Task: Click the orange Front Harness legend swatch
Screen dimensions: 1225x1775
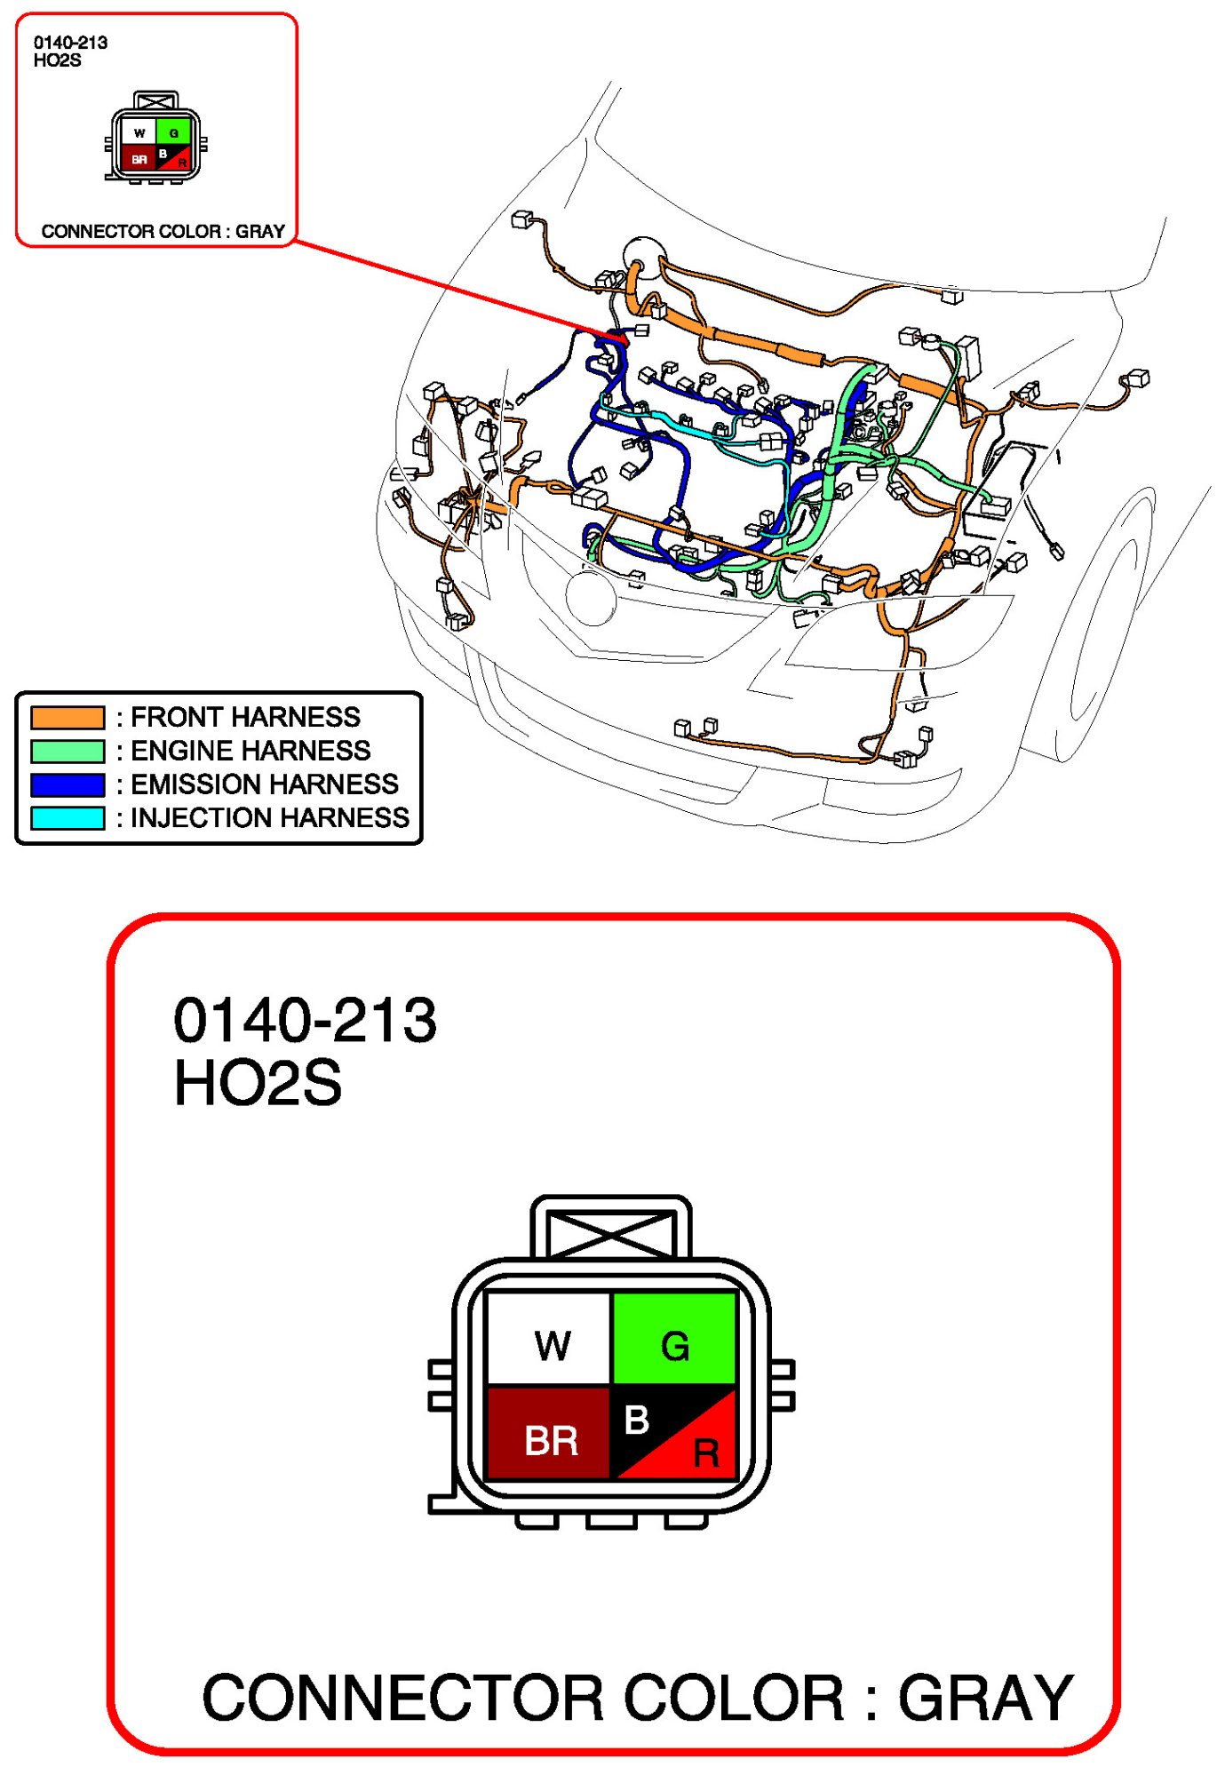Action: [68, 717]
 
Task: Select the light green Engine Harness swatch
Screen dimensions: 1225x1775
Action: [68, 751]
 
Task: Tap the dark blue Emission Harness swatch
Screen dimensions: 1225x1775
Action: [68, 784]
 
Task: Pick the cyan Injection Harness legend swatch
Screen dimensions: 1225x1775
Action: [68, 817]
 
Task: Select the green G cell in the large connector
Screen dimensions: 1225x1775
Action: [674, 1339]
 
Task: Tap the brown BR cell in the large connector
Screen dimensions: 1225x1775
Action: [549, 1432]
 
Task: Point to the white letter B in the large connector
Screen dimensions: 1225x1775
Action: [636, 1420]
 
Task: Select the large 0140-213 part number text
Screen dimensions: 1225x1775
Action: [305, 1020]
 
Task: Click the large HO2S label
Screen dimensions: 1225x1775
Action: [258, 1083]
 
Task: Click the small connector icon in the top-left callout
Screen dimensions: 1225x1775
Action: [156, 138]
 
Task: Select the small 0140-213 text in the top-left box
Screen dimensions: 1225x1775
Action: [70, 43]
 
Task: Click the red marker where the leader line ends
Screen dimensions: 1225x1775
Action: [618, 338]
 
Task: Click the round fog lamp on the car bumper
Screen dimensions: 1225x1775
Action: [591, 598]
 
